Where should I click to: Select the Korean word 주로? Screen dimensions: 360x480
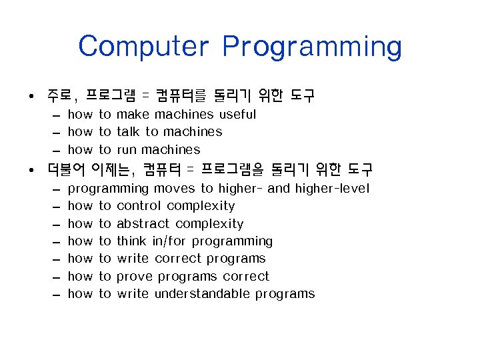coord(61,95)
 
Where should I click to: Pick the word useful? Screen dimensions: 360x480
coord(237,114)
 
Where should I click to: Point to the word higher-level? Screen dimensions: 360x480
coord(332,188)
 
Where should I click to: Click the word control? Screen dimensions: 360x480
coord(139,205)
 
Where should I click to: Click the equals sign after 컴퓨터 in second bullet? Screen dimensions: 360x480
coord(189,169)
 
